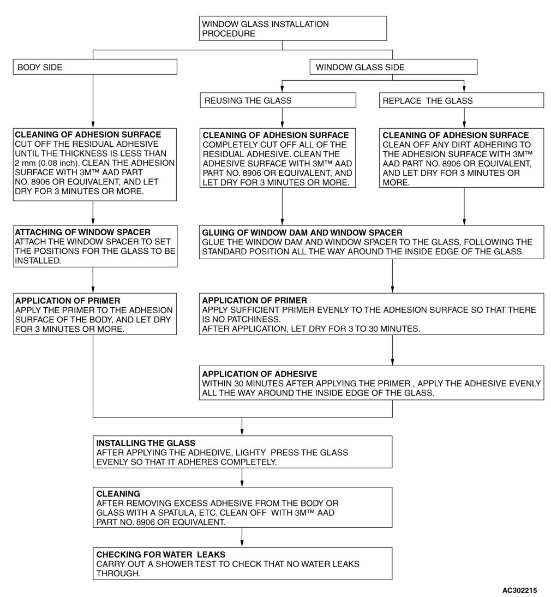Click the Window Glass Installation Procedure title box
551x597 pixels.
click(294, 28)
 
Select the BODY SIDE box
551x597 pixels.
click(95, 67)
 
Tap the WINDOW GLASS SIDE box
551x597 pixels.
click(393, 67)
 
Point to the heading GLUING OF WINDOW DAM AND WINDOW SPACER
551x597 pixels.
click(302, 232)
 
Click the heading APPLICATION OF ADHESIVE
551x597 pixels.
click(260, 374)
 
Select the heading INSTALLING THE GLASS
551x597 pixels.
click(146, 443)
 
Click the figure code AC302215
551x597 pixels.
click(520, 590)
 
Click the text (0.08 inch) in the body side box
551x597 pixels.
click(61, 163)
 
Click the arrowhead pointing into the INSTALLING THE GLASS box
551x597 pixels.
click(242, 432)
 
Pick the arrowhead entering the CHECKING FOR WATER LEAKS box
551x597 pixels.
click(242, 544)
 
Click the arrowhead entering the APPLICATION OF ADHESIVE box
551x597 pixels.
click(392, 361)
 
